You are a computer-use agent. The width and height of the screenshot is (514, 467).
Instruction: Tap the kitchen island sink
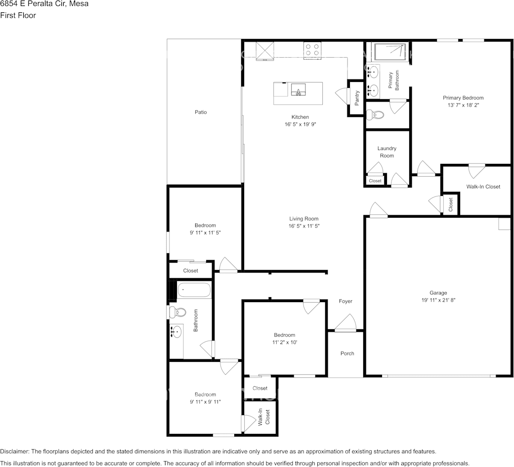(x=299, y=89)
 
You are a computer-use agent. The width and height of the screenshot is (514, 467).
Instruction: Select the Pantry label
(x=357, y=98)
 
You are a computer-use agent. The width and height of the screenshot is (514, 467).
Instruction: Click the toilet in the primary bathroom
(x=375, y=115)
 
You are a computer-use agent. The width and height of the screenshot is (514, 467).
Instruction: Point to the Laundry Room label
(x=387, y=152)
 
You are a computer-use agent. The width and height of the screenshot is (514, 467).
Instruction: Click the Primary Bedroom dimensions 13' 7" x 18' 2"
(x=463, y=105)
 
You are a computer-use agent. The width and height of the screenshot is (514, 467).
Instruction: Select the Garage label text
(x=438, y=293)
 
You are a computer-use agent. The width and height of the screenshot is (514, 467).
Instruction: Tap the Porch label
(x=347, y=353)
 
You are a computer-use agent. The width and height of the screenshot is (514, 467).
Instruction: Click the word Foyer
(x=345, y=301)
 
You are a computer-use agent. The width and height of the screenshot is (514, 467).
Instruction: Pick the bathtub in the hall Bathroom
(x=194, y=290)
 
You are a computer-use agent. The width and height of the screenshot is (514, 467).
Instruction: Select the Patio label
(x=201, y=112)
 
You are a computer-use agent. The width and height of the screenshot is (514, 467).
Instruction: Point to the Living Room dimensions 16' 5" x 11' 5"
(x=304, y=226)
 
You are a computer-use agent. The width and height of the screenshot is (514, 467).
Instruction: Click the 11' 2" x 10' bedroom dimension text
(x=285, y=342)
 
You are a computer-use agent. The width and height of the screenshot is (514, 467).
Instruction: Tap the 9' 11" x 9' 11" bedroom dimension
(x=205, y=402)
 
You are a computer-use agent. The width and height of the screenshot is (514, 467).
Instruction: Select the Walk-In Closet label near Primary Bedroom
(x=483, y=187)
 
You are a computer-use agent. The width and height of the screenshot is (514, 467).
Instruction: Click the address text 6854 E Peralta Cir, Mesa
(x=44, y=4)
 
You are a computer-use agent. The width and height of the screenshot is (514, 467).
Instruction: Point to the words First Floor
(x=18, y=15)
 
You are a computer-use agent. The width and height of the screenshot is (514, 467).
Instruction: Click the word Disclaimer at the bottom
(x=14, y=451)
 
